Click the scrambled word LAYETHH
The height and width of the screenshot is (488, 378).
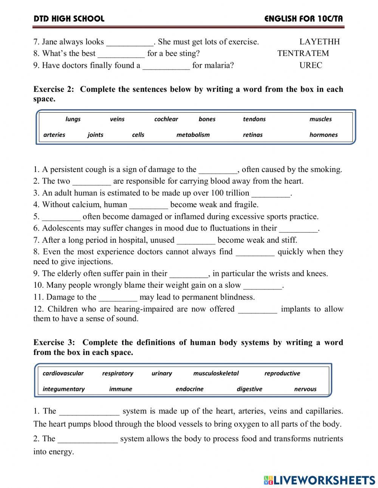pyautogui.click(x=319, y=42)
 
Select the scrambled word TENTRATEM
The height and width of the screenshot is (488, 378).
pyautogui.click(x=303, y=53)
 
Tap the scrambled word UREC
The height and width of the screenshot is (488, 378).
pyautogui.click(x=311, y=65)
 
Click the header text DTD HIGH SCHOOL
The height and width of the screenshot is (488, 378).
pyautogui.click(x=69, y=19)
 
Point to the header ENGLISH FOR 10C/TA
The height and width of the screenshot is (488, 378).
pyautogui.click(x=304, y=19)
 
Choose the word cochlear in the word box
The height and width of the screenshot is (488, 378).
pyautogui.click(x=166, y=119)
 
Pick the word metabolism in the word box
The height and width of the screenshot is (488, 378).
pyautogui.click(x=193, y=135)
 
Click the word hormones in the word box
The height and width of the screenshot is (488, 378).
pyautogui.click(x=323, y=135)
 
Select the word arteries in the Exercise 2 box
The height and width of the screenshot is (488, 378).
pyautogui.click(x=54, y=135)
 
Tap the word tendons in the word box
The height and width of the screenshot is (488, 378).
pyautogui.click(x=254, y=119)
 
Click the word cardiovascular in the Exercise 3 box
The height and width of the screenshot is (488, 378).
pyautogui.click(x=63, y=373)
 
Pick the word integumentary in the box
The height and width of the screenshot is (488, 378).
pyautogui.click(x=64, y=389)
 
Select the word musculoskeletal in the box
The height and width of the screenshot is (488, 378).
pyautogui.click(x=216, y=373)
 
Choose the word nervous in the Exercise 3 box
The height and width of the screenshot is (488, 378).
pyautogui.click(x=305, y=389)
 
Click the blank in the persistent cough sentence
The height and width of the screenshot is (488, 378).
pyautogui.click(x=218, y=170)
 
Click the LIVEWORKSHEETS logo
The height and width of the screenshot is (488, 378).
pyautogui.click(x=319, y=480)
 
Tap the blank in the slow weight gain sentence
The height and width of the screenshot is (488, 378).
pyautogui.click(x=263, y=286)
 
